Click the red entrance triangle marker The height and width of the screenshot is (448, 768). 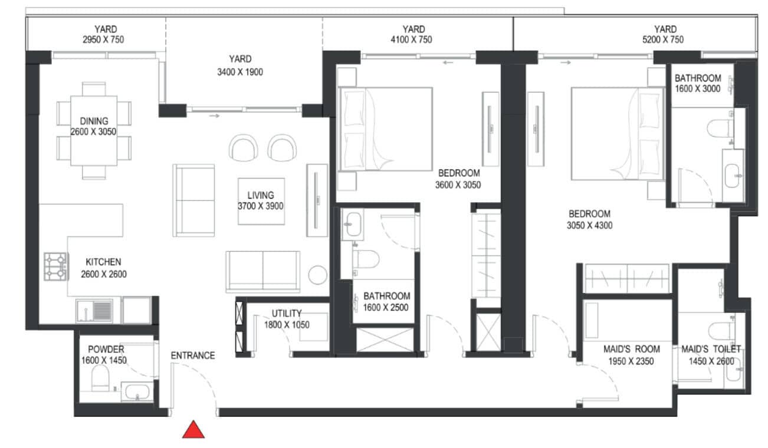point(193,430)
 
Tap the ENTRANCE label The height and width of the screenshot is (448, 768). point(193,355)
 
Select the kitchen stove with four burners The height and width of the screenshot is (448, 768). point(55,266)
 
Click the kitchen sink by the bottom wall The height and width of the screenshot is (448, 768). point(94,311)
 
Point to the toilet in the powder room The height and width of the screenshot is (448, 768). point(100,378)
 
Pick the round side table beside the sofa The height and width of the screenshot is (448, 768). point(317,275)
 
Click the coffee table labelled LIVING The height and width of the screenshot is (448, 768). point(261,202)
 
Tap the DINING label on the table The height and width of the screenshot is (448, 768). point(94,121)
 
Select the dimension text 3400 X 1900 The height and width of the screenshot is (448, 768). point(240,72)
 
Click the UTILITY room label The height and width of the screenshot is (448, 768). point(287,314)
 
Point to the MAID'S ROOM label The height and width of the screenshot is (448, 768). point(632,349)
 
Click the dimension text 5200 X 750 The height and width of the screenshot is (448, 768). point(663,39)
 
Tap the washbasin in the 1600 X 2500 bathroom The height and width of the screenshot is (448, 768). point(353,225)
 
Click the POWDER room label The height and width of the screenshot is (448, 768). point(106,350)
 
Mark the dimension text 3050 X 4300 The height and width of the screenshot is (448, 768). point(589,225)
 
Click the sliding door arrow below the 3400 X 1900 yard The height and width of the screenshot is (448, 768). point(215,116)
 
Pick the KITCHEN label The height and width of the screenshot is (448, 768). point(103,262)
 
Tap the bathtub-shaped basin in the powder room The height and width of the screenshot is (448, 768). point(137,391)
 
